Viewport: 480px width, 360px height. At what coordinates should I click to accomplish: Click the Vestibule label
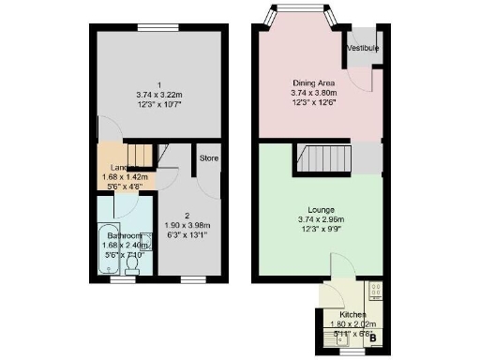click(361, 47)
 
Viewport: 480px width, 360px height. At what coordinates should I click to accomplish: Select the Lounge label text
click(321, 209)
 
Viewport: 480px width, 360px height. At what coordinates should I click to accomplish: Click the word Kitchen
click(353, 314)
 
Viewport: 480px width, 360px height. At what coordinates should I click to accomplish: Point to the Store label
click(208, 158)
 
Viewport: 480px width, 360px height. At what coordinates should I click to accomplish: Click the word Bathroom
click(123, 235)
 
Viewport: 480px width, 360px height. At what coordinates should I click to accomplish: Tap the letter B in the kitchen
click(373, 337)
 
